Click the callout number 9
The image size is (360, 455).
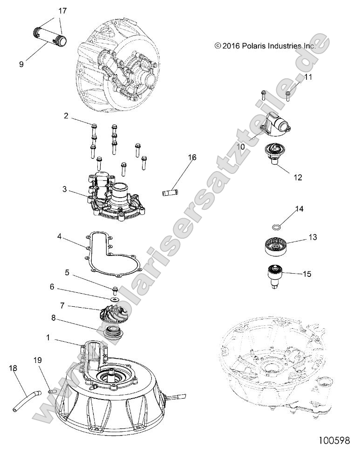[21, 65]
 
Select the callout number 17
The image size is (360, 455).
[62, 10]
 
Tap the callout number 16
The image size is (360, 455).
[192, 158]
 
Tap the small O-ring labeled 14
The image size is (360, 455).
[276, 227]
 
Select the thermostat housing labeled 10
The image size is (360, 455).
[278, 123]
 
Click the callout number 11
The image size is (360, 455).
[308, 77]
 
